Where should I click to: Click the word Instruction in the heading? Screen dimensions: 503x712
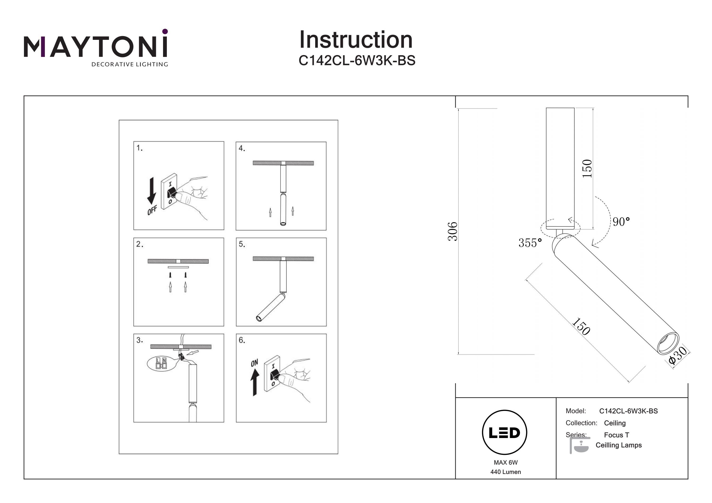(356, 40)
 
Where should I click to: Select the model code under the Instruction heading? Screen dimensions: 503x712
(357, 61)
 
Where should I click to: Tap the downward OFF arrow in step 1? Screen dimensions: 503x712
(152, 191)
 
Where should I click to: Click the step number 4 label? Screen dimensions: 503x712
(242, 148)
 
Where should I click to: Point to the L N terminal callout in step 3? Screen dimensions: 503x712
(161, 364)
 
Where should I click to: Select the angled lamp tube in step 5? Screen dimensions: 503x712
(270, 308)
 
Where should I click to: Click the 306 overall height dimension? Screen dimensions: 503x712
(453, 231)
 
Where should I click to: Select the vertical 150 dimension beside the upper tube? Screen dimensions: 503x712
(587, 169)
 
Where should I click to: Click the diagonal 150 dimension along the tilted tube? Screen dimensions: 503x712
(581, 326)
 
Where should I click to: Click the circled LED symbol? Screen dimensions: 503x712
(505, 433)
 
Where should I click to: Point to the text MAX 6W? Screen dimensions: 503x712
(506, 462)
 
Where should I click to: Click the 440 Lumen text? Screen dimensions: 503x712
(506, 472)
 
